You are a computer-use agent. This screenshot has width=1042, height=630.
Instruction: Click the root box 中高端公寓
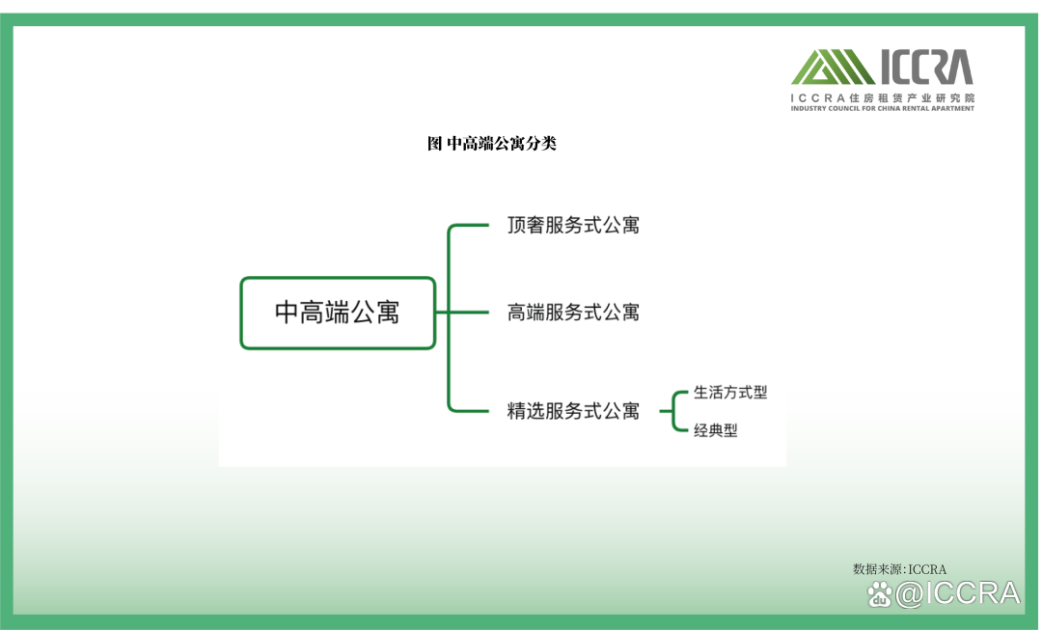pos(338,313)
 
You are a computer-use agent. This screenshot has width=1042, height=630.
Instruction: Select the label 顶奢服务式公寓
pos(573,226)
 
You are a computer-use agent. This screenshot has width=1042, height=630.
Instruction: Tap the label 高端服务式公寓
pos(573,313)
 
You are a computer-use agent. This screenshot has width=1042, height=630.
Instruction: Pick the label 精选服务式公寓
pos(573,411)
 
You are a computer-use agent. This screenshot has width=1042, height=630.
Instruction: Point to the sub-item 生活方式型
pos(730,392)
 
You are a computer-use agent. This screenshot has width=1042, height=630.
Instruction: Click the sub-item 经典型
pos(716,430)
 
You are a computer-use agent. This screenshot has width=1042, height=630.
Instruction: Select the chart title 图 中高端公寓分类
pos(492,144)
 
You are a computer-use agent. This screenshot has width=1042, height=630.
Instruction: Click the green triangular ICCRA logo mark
pos(832,67)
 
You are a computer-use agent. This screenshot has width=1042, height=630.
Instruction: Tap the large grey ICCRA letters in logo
pos(927,67)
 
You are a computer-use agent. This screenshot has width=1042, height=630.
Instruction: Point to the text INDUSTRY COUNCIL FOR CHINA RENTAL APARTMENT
pos(883,108)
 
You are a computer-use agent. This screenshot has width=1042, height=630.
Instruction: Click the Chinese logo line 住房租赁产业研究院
pos(912,97)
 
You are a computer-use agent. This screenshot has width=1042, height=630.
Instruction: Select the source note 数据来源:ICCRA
pos(899,569)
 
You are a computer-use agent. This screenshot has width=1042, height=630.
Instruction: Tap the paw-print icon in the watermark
pos(880,594)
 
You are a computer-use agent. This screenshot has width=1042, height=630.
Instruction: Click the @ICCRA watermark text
pos(958,593)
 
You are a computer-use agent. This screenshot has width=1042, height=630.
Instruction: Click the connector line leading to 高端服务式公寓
pos(462,313)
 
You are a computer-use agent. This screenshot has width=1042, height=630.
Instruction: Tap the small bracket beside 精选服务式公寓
pos(673,411)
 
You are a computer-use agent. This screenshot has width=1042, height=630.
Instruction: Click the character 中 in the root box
pos(287,313)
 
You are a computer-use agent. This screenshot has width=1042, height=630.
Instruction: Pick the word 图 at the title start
pos(434,144)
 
